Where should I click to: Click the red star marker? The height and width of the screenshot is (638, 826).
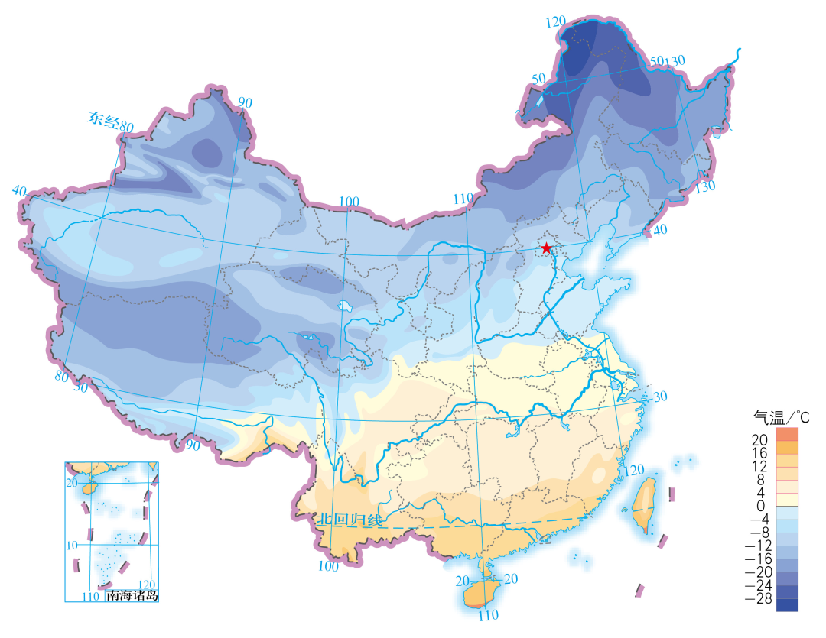(x=546, y=248)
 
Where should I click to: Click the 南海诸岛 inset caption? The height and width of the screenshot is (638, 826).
(x=132, y=594)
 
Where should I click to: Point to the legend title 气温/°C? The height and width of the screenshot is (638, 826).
(x=781, y=417)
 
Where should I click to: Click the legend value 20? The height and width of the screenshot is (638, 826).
(x=759, y=441)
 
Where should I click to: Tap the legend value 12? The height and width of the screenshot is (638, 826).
(x=759, y=467)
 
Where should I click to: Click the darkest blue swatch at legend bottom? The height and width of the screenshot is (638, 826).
(x=787, y=605)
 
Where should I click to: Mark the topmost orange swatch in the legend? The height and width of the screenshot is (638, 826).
(x=787, y=434)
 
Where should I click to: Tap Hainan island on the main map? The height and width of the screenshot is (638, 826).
(x=479, y=594)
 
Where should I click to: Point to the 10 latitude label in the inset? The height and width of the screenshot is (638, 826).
(x=71, y=546)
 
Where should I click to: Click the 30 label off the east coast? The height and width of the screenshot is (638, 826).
(x=660, y=397)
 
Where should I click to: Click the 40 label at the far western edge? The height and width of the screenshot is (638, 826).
(x=19, y=189)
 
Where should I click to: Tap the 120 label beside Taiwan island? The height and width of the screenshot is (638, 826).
(x=634, y=470)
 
